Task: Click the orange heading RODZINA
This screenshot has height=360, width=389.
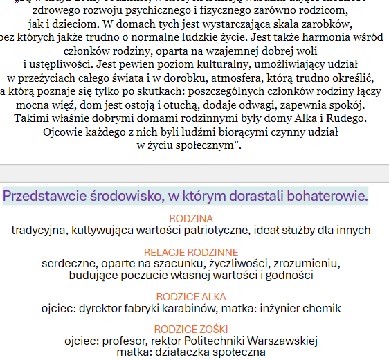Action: (x=191, y=219)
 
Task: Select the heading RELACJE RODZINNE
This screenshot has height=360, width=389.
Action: (x=191, y=252)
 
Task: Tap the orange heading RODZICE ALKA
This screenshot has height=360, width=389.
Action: (x=191, y=296)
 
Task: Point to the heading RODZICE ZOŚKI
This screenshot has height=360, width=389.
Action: (x=191, y=329)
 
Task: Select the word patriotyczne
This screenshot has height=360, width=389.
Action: (x=217, y=230)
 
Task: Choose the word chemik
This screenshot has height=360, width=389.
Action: (x=322, y=308)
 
